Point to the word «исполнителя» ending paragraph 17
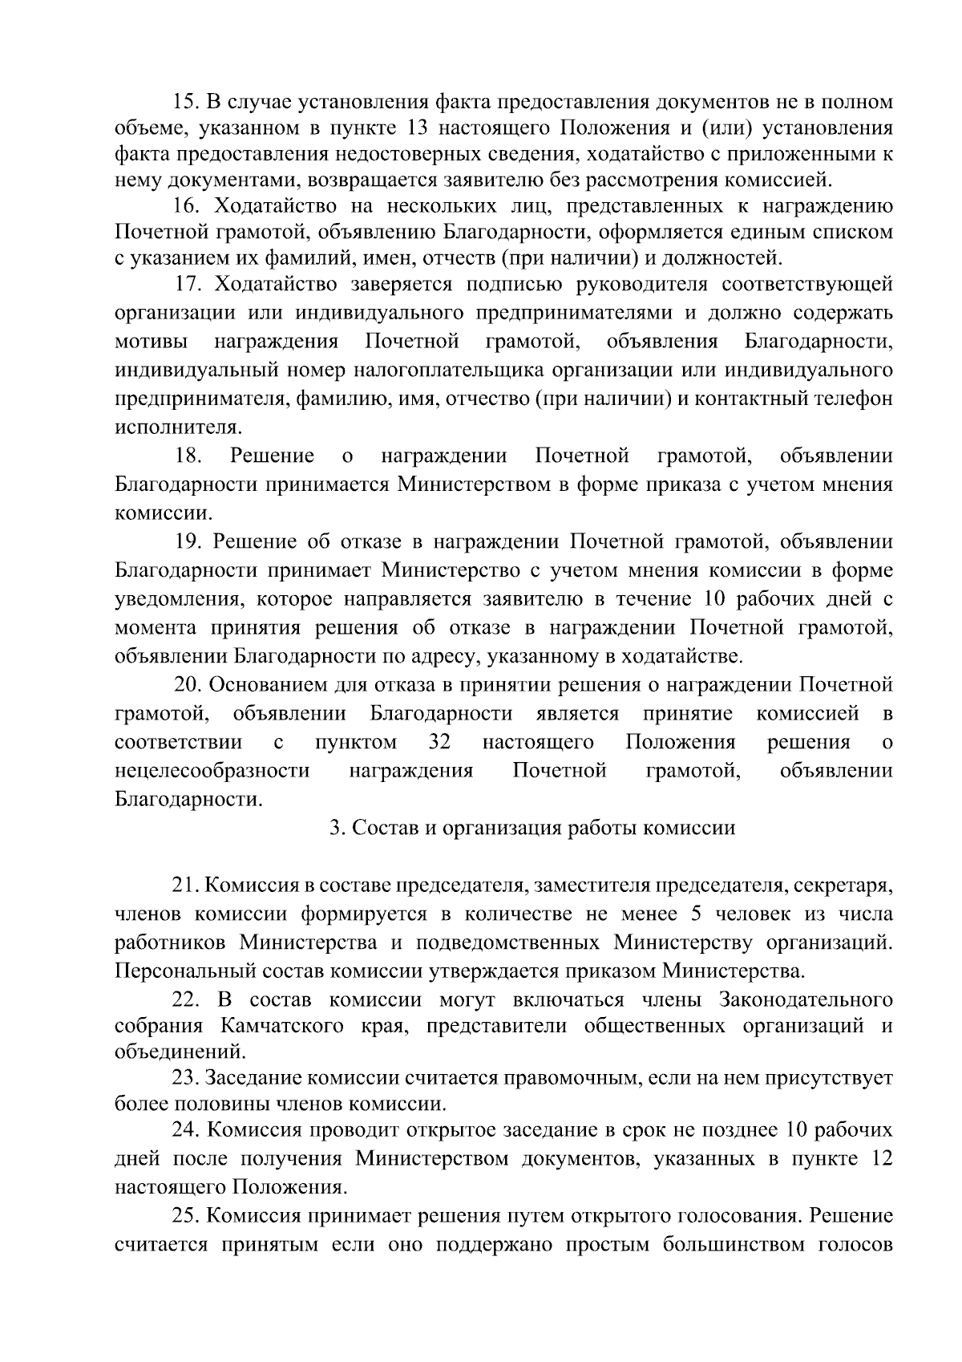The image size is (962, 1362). point(166,426)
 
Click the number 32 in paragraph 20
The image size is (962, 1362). point(440,742)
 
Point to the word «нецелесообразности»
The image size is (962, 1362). point(212,771)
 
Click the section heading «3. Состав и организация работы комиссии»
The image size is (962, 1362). point(532,828)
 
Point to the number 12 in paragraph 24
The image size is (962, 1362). point(879,1158)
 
